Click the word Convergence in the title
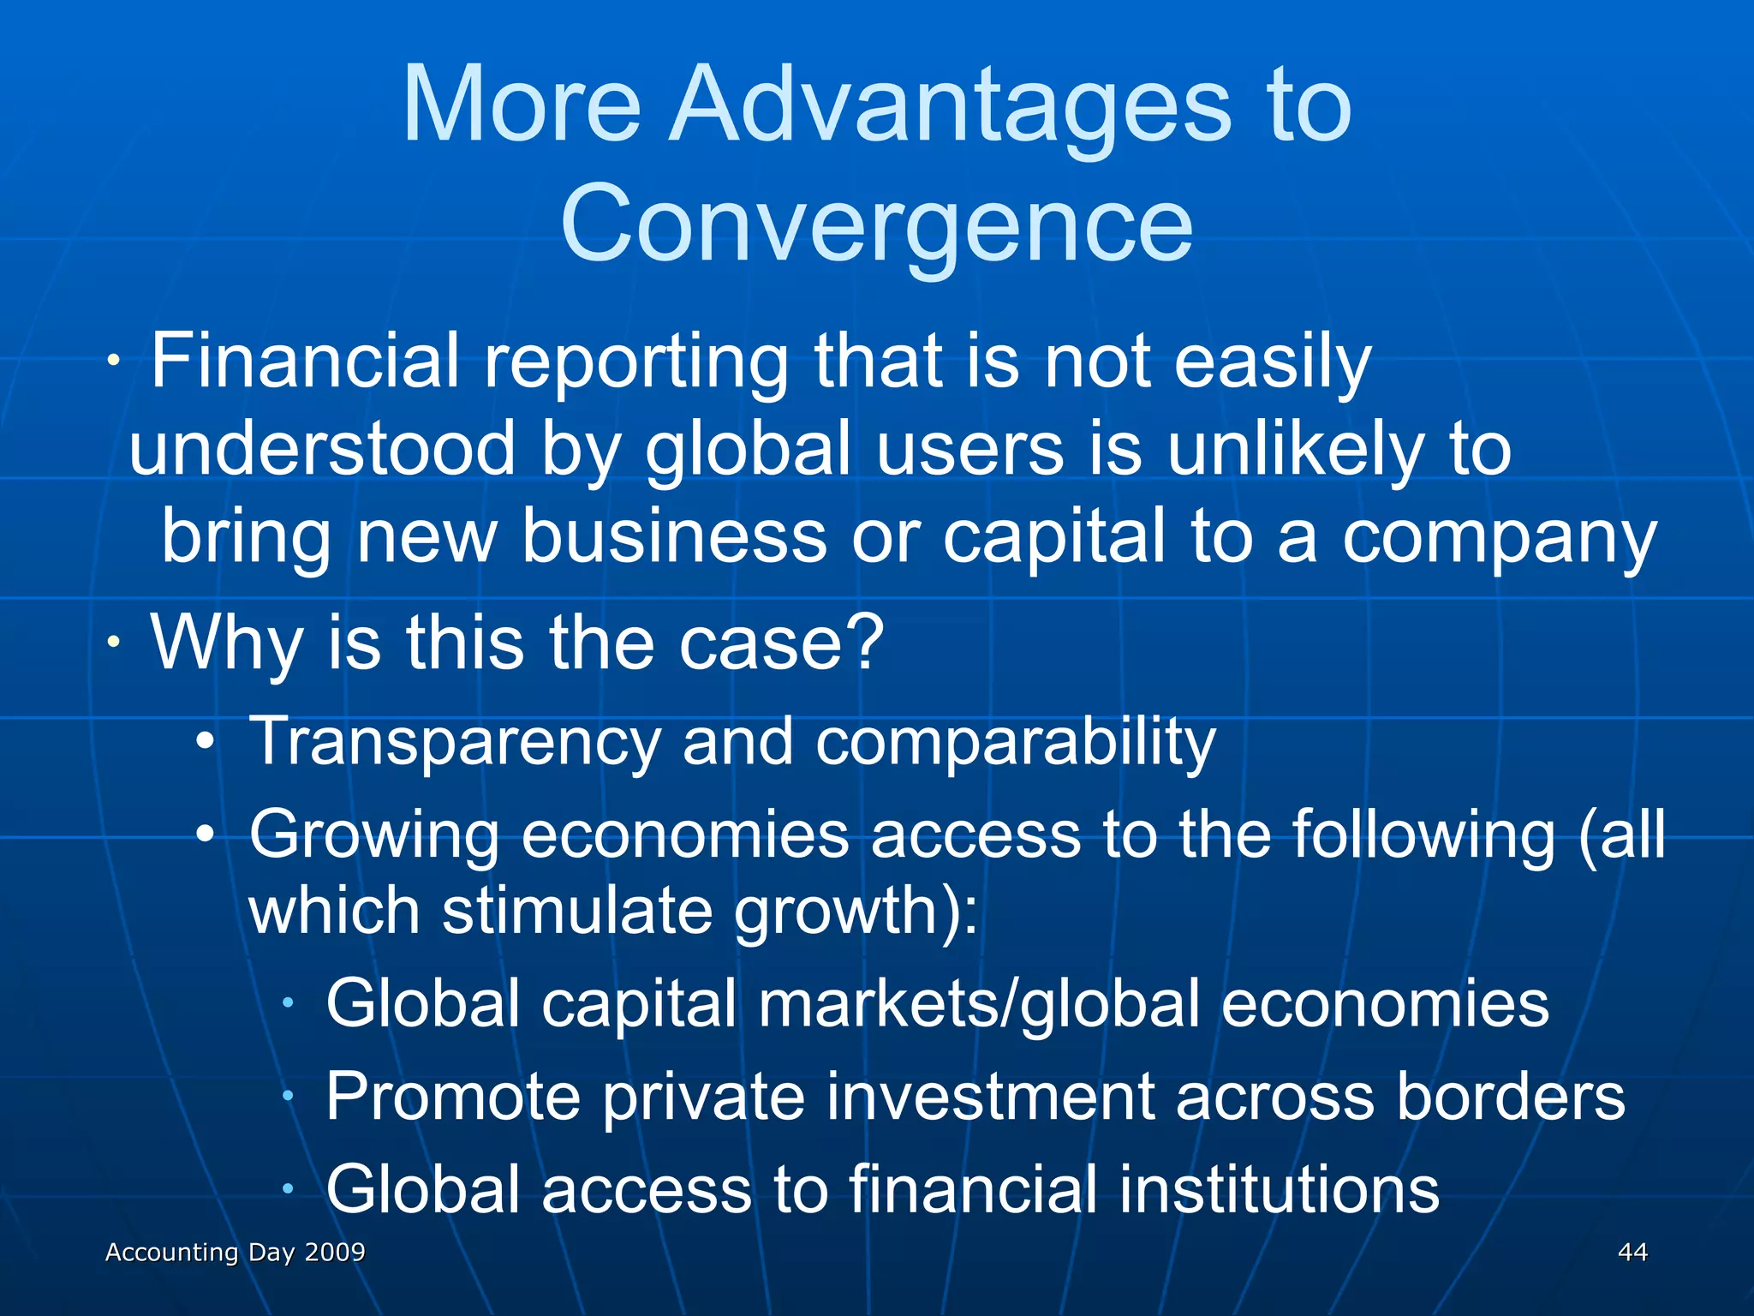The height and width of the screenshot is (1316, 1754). click(876, 224)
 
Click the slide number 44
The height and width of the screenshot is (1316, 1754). click(1632, 1252)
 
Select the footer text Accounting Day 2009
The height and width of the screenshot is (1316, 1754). click(235, 1252)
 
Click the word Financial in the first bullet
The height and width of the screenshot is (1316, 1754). click(305, 362)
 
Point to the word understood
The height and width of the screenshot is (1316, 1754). click(322, 449)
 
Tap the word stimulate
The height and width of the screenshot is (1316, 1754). click(576, 910)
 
